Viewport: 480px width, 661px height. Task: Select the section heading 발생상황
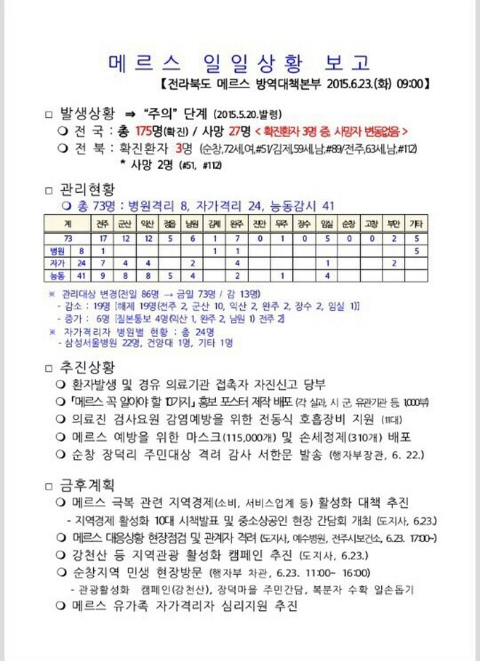coord(86,114)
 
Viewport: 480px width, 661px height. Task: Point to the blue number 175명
coord(149,131)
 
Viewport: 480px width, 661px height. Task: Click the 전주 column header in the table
coord(104,224)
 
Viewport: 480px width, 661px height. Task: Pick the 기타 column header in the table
coord(416,224)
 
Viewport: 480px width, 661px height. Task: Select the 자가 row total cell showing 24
coord(82,263)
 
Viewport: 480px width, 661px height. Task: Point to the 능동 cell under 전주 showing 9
coord(104,275)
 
